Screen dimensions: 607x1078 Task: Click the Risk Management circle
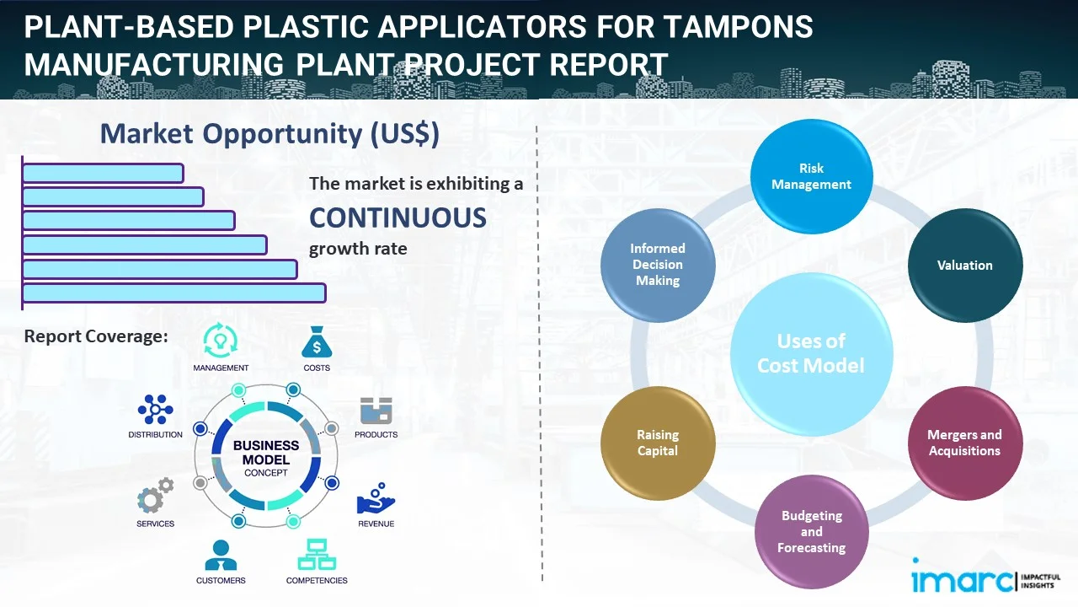(811, 176)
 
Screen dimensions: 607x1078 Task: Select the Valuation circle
(964, 266)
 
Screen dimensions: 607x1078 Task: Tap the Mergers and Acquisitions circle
(964, 443)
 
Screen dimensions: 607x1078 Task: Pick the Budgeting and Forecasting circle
(811, 531)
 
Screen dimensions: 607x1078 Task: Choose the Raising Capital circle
(658, 443)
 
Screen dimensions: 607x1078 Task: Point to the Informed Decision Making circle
(658, 265)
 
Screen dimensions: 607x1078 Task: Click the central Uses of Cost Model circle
(811, 353)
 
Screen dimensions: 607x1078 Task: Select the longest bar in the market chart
(173, 293)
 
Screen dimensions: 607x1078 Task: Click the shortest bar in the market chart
(103, 173)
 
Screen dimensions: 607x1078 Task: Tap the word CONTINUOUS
(398, 218)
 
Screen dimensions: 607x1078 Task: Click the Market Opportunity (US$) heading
(269, 134)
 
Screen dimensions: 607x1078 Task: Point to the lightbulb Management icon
(220, 340)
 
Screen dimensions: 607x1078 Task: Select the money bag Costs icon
(317, 341)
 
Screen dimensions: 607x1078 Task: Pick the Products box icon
(376, 411)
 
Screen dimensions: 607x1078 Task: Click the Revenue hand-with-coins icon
(376, 500)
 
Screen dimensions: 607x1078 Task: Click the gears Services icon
(155, 497)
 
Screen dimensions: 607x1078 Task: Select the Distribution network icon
(155, 411)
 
